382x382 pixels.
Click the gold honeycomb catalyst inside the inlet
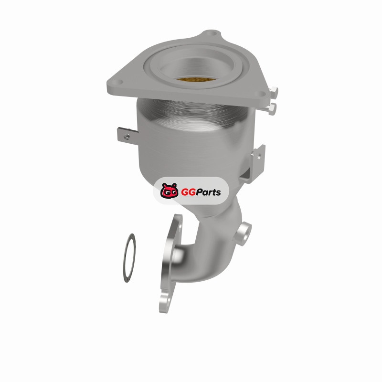(x=196, y=79)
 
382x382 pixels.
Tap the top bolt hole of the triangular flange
(x=212, y=33)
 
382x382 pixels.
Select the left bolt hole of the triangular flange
(x=118, y=83)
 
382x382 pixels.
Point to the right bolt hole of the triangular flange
(x=261, y=93)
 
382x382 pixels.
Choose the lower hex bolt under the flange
(x=272, y=108)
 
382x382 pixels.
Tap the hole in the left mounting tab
(x=127, y=136)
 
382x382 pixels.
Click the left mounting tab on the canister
(x=127, y=136)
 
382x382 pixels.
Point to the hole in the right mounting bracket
(x=259, y=156)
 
